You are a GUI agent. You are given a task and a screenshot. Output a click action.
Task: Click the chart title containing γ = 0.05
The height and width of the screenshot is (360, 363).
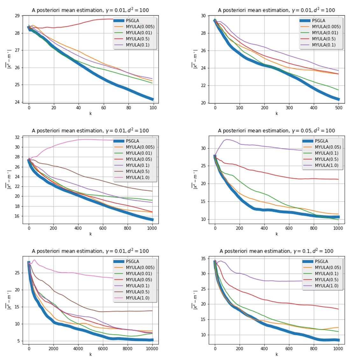point(276,131)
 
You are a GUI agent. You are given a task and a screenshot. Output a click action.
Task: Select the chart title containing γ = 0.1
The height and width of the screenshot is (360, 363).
point(276,251)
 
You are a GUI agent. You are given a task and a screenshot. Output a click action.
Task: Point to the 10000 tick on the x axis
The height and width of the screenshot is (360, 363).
point(152,349)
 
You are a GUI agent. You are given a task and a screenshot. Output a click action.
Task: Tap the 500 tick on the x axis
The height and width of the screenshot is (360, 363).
point(338,108)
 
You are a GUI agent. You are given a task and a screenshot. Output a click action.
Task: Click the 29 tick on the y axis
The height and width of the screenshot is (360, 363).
point(17,16)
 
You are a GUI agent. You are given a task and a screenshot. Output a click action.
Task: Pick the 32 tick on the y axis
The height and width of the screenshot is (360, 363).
point(17,137)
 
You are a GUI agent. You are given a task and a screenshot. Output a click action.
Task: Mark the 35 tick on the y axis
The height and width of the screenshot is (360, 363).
point(203,259)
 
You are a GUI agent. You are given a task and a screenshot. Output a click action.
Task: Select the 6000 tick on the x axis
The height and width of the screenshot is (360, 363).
point(103,349)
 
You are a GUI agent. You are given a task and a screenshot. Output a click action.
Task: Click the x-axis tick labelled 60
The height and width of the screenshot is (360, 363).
point(103,108)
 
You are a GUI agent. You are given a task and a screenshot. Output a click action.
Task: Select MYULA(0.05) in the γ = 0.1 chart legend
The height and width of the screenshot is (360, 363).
point(328,268)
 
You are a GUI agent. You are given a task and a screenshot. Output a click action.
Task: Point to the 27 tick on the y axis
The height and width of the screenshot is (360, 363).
point(17,50)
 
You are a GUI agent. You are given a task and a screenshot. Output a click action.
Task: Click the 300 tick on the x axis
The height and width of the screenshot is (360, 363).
point(289,108)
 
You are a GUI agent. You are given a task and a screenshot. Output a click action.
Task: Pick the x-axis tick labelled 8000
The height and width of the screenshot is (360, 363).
point(127,349)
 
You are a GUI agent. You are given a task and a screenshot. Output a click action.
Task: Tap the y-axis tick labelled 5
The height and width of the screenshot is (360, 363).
point(18,341)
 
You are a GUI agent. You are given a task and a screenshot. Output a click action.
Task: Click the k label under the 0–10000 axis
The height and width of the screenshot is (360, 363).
point(90,354)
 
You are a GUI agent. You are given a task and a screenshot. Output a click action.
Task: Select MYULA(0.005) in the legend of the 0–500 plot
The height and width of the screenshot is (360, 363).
point(326,27)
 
